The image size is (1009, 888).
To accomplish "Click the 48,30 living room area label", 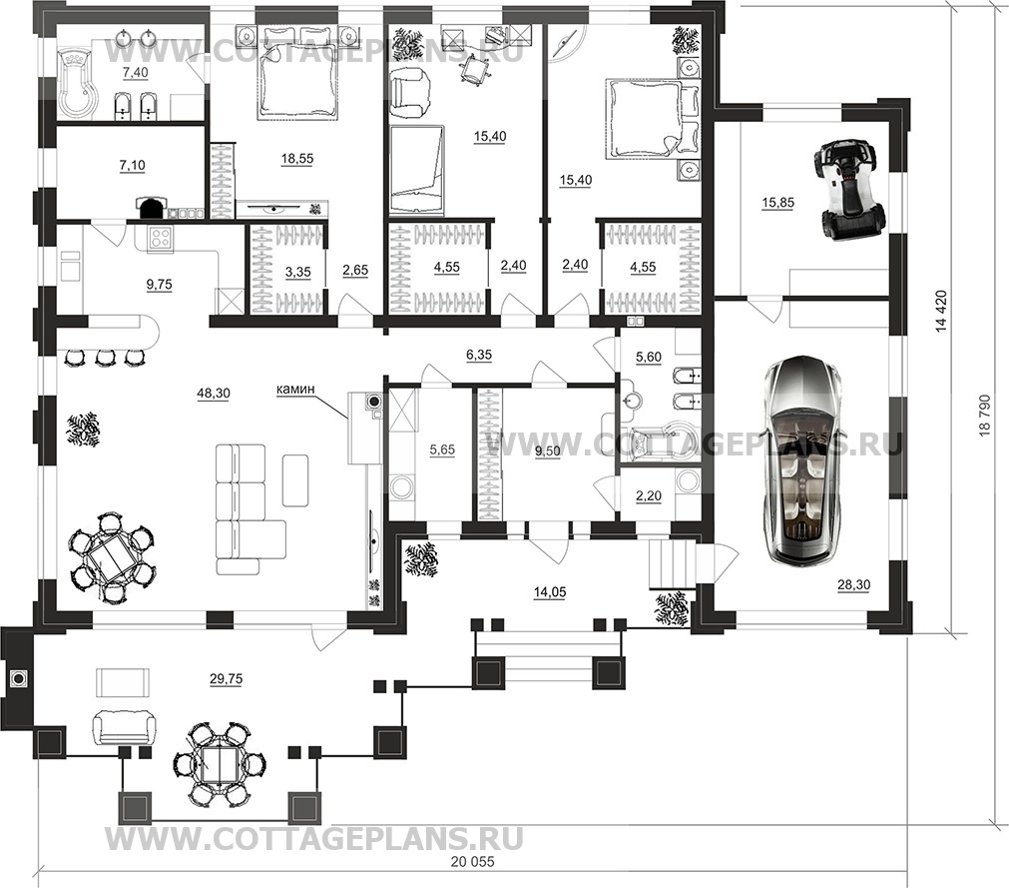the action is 214,393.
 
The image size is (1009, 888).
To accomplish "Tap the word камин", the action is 296,389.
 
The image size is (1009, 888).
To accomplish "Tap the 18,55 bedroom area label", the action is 297,159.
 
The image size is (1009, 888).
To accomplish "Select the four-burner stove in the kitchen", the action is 161,239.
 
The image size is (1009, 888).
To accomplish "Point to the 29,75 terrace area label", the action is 226,678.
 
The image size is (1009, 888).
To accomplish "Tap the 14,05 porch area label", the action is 550,592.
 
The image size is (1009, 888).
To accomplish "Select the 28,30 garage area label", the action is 854,584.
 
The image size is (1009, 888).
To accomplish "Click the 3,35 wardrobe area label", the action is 297,272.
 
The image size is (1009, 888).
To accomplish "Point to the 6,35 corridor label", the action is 479,355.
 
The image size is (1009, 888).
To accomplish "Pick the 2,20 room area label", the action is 649,496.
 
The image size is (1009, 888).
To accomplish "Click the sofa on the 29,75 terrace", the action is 124,727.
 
